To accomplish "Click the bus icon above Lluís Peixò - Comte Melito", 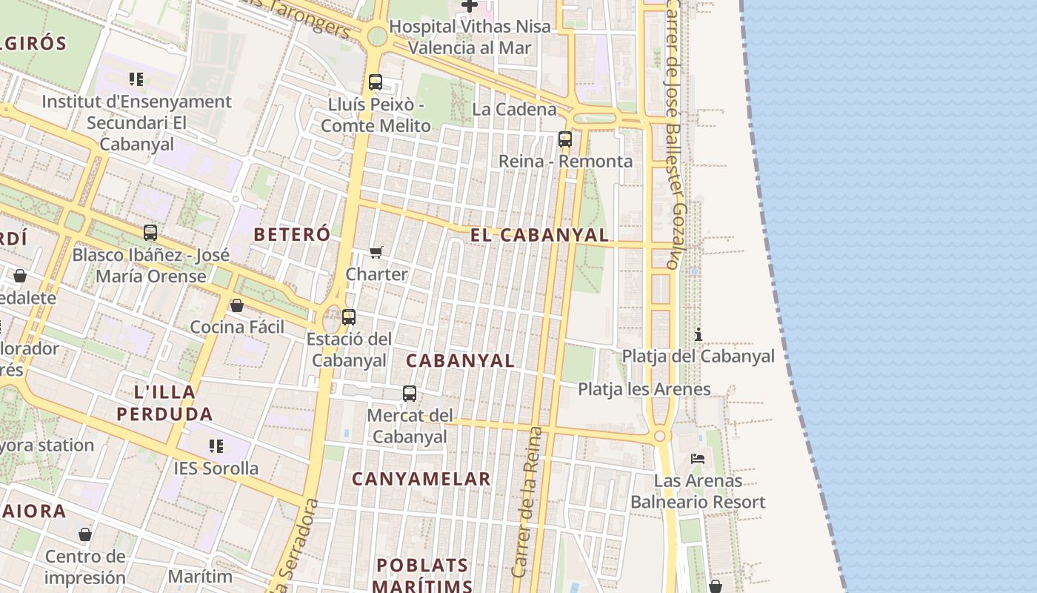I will pos(376,82).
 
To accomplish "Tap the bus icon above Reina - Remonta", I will pos(565,139).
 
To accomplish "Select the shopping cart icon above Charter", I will pos(376,253).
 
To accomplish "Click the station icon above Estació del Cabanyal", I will pos(349,317).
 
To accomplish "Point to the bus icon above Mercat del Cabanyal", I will pos(410,394).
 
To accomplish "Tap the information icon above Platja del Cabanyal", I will pos(698,334).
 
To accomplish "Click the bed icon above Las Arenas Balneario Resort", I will pos(698,459).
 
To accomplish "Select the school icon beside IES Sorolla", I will pos(216,446).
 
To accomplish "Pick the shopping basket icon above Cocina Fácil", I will pos(237,305).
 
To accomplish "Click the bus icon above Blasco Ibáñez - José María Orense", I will pos(150,233).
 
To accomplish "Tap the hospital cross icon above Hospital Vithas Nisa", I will pos(470,6).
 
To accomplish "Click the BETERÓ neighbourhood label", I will pos(292,234).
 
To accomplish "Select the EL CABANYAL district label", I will pos(539,235).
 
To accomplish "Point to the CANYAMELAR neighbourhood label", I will pos(421,479).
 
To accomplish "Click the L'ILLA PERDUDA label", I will pos(164,402).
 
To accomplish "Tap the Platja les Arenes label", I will pos(644,389).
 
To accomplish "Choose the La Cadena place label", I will pos(514,110).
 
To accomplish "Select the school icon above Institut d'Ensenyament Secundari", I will pos(136,79).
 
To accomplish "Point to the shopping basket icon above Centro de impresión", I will pos(85,534).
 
